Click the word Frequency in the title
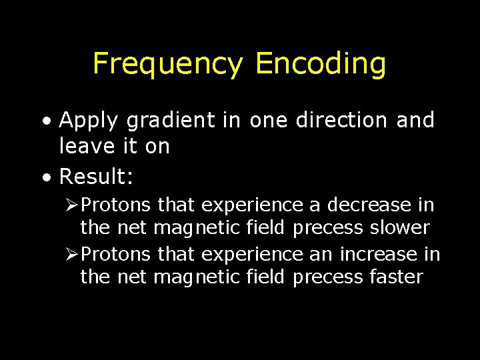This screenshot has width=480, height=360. [168, 65]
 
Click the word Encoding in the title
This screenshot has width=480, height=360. [321, 65]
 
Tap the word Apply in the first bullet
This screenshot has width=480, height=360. [88, 121]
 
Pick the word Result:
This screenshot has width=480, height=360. [97, 177]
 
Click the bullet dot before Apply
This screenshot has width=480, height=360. [45, 121]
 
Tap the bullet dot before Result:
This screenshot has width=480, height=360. [45, 178]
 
